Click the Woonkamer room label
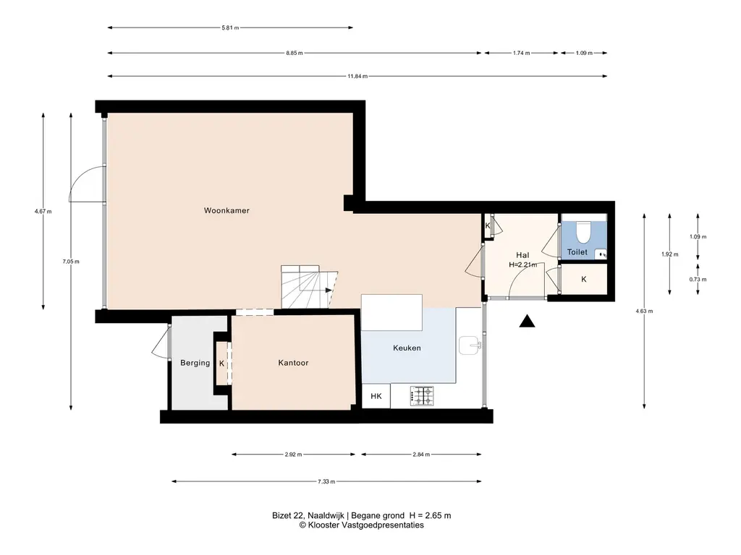(x=226, y=210)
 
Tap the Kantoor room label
(x=293, y=363)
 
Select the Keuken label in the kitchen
(x=407, y=348)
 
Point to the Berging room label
(x=195, y=363)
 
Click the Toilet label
(x=577, y=252)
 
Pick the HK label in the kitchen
(x=376, y=396)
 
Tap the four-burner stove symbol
(x=422, y=396)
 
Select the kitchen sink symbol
(x=470, y=345)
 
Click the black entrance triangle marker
(x=527, y=322)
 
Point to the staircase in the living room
(x=309, y=287)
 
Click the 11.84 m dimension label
(x=357, y=76)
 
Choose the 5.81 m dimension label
(x=230, y=28)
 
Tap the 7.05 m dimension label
(x=71, y=262)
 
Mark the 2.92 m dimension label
(x=293, y=455)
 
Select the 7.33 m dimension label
(x=326, y=481)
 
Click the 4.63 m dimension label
(x=644, y=311)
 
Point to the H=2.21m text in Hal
(x=522, y=264)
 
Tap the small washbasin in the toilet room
(x=601, y=254)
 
